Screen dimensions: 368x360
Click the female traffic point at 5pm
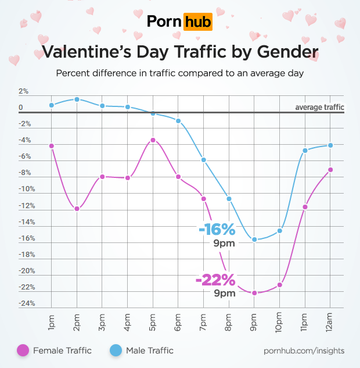tap(153, 140)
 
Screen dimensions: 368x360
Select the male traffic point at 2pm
tap(77, 99)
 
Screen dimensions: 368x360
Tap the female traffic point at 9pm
tap(254, 293)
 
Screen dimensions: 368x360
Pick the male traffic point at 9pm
tap(254, 240)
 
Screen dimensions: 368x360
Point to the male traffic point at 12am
tap(330, 145)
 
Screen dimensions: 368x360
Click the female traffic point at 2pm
tap(77, 209)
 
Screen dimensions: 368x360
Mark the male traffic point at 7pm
tap(204, 160)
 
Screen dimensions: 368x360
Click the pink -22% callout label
tap(215, 280)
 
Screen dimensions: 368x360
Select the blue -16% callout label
tap(217, 230)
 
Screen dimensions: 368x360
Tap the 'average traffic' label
tap(319, 107)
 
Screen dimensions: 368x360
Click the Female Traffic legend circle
tap(23, 350)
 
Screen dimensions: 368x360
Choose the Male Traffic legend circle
tap(116, 350)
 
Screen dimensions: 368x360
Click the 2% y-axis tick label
tap(24, 91)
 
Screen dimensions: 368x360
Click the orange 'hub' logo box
tap(197, 22)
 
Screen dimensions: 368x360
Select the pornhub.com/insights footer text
tap(304, 351)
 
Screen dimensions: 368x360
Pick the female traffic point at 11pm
tap(305, 207)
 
